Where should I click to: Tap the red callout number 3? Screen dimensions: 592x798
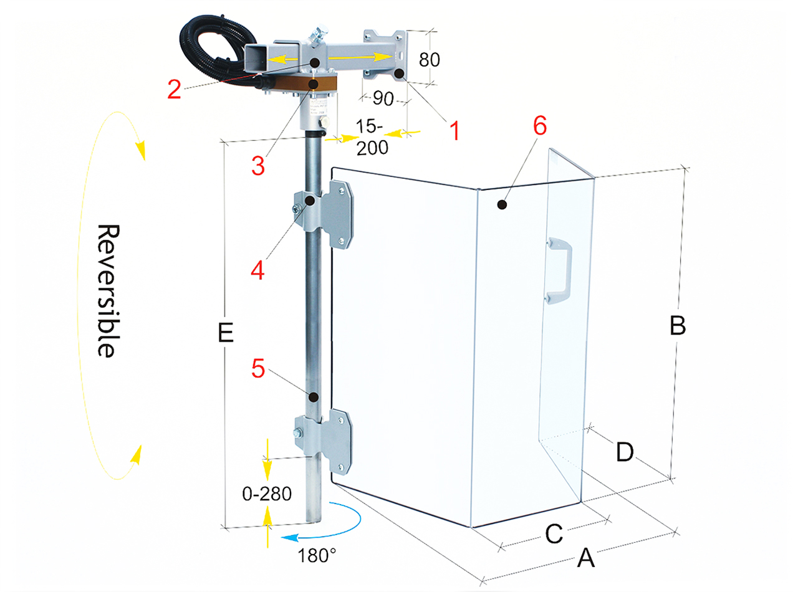258,165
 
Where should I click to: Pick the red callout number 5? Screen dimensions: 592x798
258,368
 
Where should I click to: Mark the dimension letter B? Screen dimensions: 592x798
678,326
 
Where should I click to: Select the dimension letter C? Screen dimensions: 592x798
554,533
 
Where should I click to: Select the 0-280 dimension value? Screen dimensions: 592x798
267,494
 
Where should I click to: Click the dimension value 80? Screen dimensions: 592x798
429,60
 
